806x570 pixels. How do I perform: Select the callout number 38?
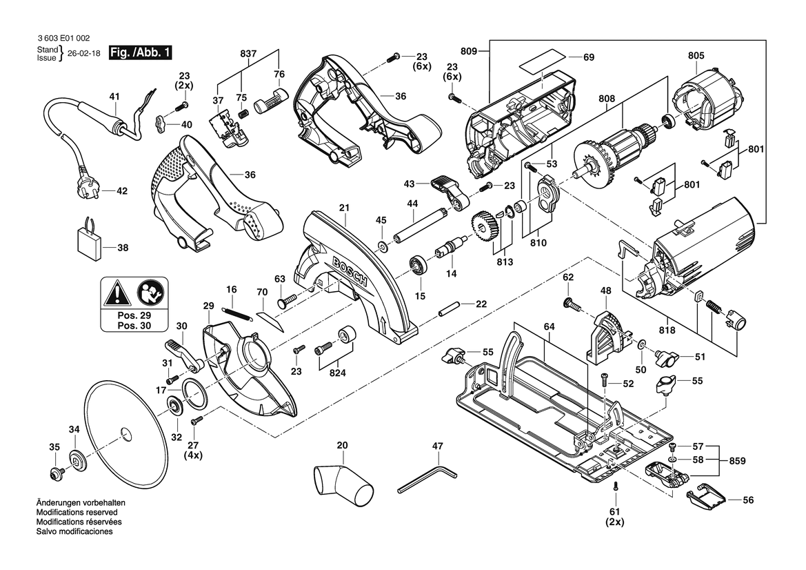123,248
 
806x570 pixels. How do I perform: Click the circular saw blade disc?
123,432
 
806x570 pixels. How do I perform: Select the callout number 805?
696,56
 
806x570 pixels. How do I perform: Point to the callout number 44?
412,204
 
